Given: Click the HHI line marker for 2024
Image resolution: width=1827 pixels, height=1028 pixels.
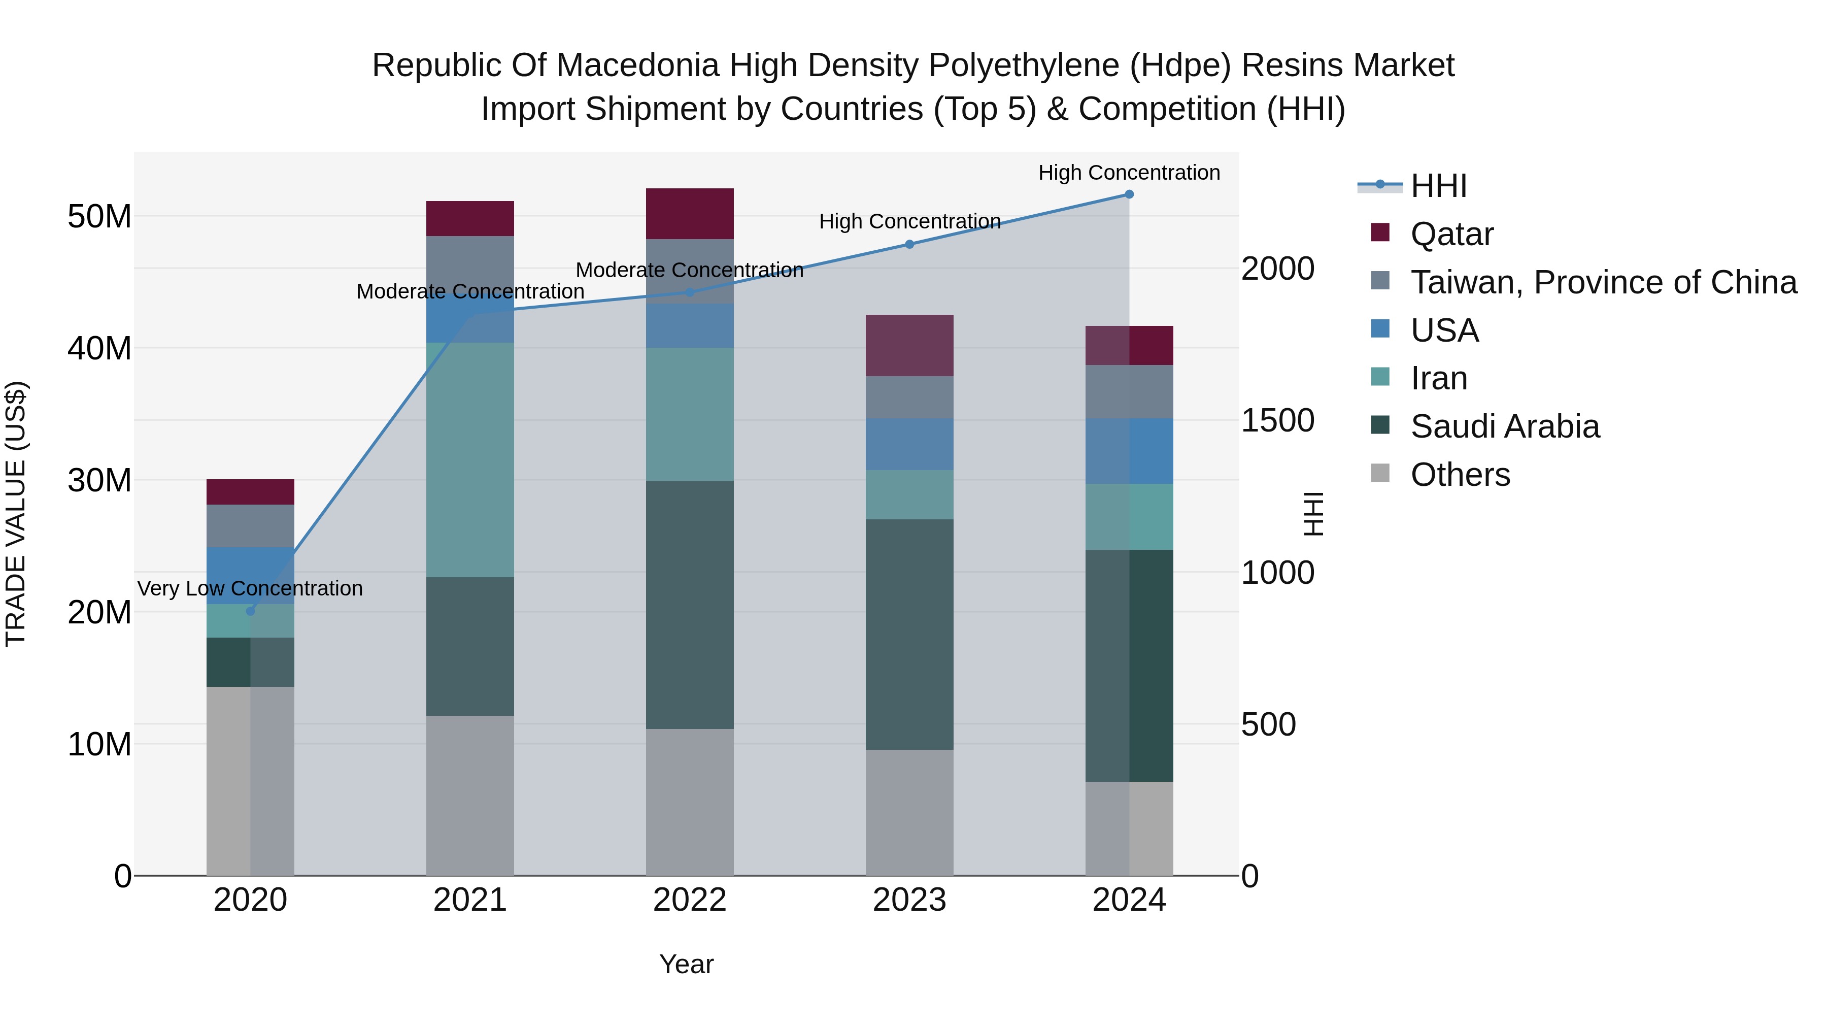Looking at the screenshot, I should [1129, 194].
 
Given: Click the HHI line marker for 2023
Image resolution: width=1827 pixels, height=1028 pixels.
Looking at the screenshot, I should [910, 244].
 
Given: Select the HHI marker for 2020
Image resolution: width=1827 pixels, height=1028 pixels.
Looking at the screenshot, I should [250, 611].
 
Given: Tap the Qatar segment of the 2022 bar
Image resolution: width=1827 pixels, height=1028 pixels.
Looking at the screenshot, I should [689, 214].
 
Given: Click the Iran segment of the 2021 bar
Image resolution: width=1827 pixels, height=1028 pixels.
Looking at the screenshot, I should [469, 460].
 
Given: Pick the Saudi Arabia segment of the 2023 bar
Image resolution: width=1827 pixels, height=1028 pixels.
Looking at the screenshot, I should [909, 634].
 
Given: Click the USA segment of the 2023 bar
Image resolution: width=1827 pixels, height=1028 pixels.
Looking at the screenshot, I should [909, 444].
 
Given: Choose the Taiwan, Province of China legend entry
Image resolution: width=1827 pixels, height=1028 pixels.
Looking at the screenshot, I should [1603, 282].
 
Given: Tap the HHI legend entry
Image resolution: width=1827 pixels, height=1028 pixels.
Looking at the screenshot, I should [1438, 186].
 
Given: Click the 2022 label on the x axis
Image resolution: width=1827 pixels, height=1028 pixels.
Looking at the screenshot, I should [689, 900].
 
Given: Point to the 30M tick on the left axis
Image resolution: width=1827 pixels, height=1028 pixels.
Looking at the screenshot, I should [99, 480].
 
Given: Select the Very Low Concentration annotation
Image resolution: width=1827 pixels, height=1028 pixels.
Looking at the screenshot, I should [250, 588].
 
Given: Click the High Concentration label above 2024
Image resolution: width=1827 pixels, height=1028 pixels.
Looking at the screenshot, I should [1129, 173].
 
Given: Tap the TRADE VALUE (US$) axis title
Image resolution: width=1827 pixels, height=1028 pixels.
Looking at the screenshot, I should [16, 514].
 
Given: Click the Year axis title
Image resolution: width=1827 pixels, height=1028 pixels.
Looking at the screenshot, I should [686, 964].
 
